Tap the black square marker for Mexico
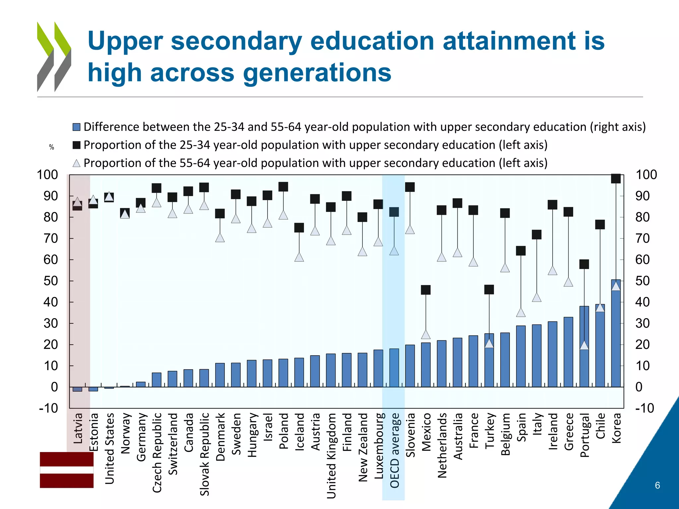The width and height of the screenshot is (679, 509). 426,290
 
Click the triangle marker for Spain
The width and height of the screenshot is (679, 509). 521,312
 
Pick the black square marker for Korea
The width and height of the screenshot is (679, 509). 616,179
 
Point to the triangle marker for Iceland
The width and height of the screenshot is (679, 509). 299,257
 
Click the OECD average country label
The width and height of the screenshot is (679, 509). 394,450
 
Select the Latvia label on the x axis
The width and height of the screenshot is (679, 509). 78,428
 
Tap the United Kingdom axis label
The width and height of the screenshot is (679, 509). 331,456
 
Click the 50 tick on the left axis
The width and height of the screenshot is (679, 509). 50,281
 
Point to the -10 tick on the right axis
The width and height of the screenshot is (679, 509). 645,408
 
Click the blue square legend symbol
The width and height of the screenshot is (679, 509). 77,127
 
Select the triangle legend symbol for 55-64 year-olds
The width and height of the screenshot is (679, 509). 77,163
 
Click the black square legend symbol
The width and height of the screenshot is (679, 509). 77,145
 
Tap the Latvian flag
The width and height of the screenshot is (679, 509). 67,470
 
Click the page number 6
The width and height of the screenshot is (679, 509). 657,485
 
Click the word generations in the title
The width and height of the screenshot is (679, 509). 271,73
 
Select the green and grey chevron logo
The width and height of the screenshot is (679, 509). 54,57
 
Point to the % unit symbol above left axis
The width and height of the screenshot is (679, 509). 51,147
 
